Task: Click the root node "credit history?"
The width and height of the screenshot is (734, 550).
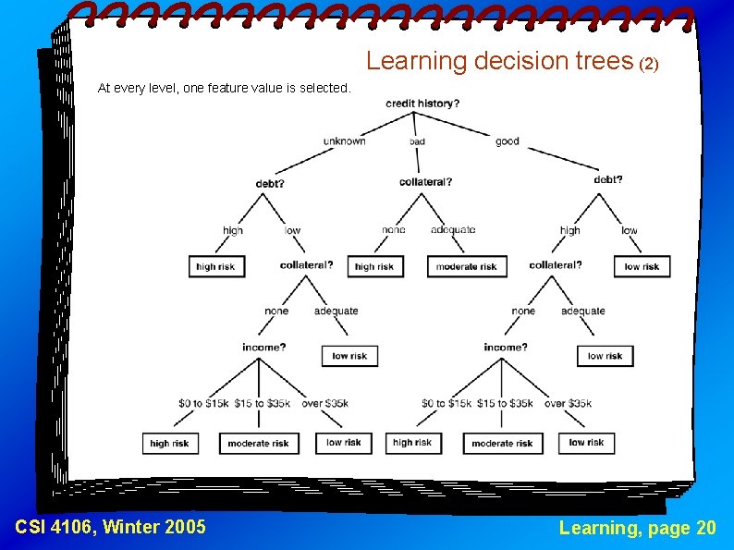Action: (x=422, y=104)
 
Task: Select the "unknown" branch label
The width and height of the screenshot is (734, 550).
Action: (x=344, y=141)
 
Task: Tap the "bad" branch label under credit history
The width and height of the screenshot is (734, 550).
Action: (x=417, y=141)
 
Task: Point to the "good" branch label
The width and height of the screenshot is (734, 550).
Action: (x=507, y=141)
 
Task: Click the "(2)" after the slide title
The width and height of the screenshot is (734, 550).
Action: (x=649, y=64)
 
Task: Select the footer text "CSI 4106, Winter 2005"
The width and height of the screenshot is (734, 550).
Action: (x=111, y=527)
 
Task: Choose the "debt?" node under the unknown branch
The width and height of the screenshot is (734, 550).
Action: (x=270, y=183)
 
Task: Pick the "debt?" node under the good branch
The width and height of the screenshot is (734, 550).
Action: (x=608, y=179)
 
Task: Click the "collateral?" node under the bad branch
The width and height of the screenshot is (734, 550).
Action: (x=425, y=182)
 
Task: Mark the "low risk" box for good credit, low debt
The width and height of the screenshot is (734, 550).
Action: (x=642, y=266)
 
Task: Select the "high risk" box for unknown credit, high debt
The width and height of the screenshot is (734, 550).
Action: (x=215, y=266)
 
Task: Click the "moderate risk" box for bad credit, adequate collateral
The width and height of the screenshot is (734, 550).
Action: (x=467, y=266)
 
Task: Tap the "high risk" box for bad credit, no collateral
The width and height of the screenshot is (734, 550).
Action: (x=374, y=266)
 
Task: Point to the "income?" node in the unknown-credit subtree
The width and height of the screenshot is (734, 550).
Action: (x=264, y=348)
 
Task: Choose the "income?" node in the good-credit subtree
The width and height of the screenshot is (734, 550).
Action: (x=506, y=348)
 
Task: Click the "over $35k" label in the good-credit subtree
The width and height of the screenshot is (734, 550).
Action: (x=568, y=403)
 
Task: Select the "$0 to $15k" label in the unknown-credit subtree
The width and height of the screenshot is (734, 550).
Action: (x=202, y=403)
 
